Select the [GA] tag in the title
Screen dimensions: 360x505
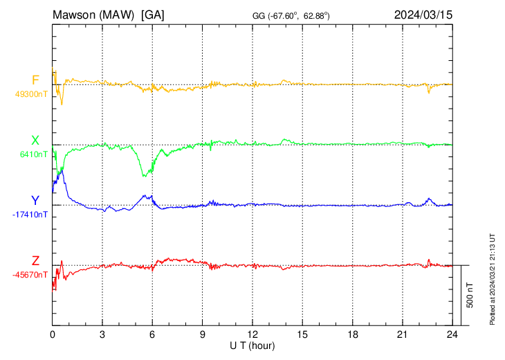click(152, 15)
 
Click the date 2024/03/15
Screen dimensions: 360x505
click(423, 15)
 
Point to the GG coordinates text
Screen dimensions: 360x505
click(291, 15)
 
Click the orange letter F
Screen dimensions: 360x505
click(35, 80)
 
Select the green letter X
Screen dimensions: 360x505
click(35, 141)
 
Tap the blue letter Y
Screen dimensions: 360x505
click(35, 201)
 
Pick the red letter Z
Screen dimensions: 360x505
click(35, 261)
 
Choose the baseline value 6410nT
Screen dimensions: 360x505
click(33, 154)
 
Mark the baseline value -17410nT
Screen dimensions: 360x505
click(30, 215)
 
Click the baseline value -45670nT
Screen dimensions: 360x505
click(30, 275)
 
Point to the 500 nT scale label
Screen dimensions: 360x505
click(470, 295)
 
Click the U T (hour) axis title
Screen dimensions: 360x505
click(252, 345)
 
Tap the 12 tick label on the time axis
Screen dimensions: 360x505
click(252, 334)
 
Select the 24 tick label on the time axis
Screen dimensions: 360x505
click(452, 334)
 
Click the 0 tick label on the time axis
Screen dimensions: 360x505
click(53, 334)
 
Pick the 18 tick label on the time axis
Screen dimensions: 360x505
click(352, 334)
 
